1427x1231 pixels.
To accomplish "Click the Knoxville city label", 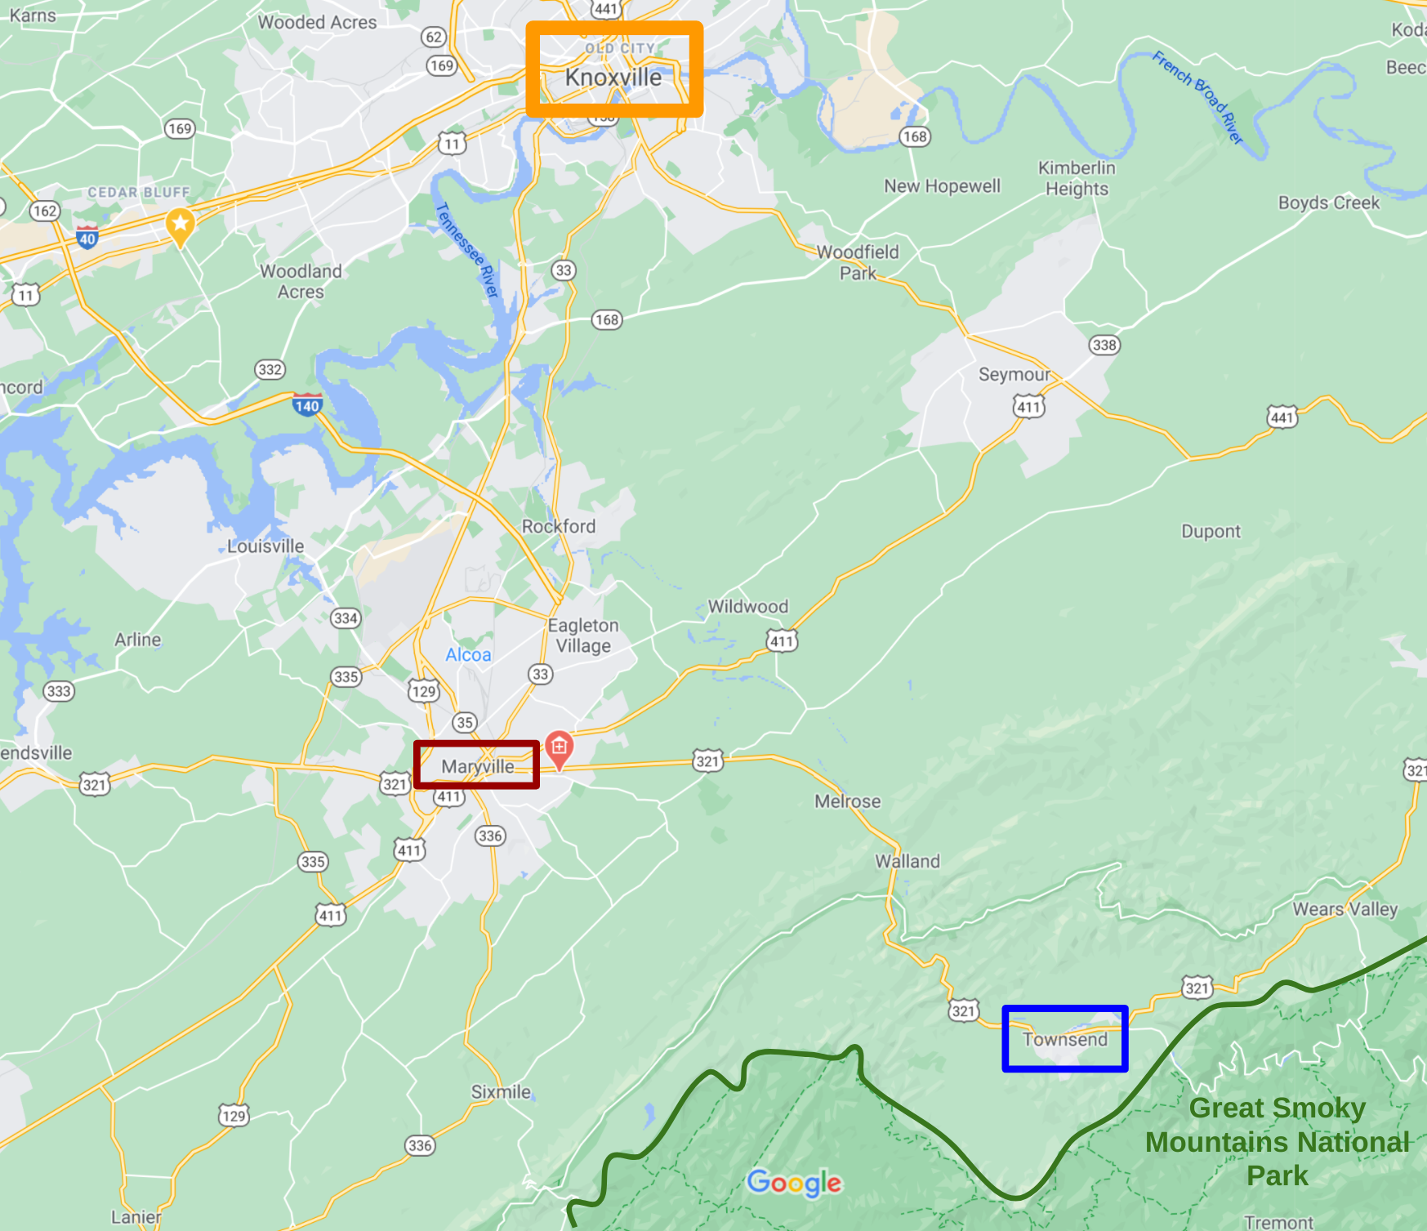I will point(613,78).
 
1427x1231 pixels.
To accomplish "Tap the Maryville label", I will point(478,766).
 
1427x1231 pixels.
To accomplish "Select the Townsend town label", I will point(1065,1039).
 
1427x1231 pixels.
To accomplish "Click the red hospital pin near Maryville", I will point(559,747).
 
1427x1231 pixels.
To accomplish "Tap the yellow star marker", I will point(180,224).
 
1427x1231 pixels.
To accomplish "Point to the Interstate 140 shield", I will point(307,405).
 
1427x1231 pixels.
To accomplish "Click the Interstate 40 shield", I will point(87,238).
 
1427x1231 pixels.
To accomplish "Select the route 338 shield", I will point(1104,345).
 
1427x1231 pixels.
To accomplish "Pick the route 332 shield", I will point(270,369).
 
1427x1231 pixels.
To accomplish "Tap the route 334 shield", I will point(346,618).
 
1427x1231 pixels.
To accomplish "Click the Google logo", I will point(794,1182).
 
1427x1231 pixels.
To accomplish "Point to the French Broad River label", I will point(1198,96).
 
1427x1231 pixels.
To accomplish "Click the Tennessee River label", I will point(467,250).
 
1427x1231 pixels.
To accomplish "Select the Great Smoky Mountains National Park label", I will point(1278,1141).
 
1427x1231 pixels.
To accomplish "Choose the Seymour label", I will point(1015,374).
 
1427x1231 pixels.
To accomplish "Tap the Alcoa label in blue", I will point(468,654).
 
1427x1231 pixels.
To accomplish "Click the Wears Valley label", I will point(1345,908).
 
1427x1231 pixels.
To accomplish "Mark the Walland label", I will point(907,861).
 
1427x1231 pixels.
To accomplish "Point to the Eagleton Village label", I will point(583,636).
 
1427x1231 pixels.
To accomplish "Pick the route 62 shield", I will point(434,37).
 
